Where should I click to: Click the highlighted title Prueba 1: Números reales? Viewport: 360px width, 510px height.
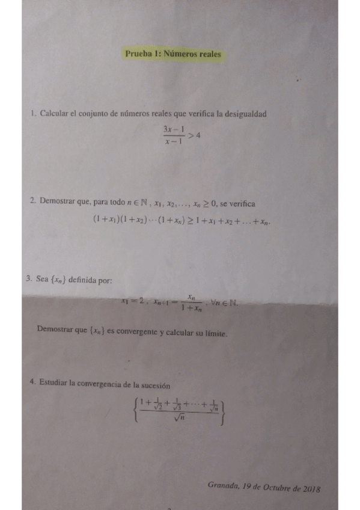pos(173,54)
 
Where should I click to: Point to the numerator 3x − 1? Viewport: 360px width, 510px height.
pos(173,129)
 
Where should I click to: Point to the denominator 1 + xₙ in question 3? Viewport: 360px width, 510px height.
pos(191,308)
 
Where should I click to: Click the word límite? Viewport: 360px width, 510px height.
pos(216,333)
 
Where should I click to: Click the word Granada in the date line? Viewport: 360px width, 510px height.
pos(222,485)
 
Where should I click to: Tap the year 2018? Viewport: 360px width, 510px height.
pos(311,488)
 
